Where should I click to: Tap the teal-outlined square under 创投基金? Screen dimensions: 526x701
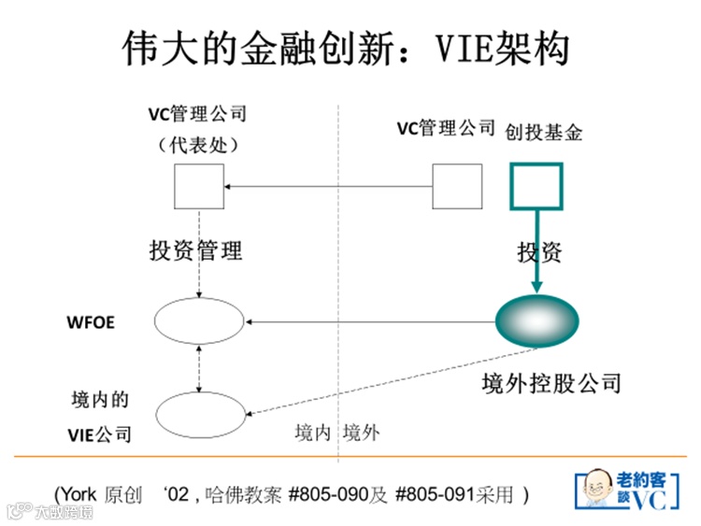(x=536, y=187)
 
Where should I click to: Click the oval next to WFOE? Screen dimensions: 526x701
(x=198, y=323)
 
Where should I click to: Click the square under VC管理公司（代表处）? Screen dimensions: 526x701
(x=199, y=187)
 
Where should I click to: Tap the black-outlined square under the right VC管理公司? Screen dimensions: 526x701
(x=457, y=187)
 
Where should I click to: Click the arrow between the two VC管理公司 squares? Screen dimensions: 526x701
(x=327, y=187)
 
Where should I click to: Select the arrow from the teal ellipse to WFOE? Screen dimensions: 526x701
(x=374, y=323)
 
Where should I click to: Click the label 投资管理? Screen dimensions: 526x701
(x=195, y=250)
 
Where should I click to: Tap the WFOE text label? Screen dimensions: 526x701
(x=90, y=323)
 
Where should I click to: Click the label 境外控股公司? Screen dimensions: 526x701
(x=551, y=383)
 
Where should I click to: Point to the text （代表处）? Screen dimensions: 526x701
(x=197, y=145)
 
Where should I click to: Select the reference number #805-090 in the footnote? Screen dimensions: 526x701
(x=336, y=493)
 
